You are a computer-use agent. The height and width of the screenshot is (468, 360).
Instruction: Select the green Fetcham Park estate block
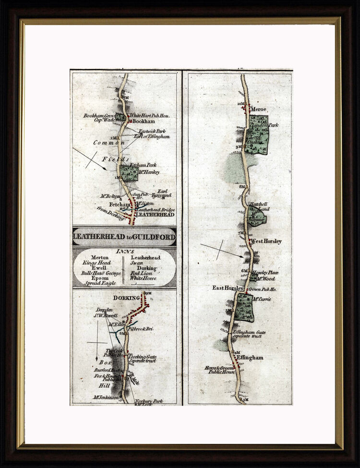[129, 173]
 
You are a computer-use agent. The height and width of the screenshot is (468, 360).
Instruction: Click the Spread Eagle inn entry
[100, 283]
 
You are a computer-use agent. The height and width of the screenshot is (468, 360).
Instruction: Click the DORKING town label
[126, 298]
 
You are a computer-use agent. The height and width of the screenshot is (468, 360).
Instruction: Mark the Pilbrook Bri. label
[140, 329]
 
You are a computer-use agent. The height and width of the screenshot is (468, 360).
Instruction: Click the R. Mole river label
[135, 380]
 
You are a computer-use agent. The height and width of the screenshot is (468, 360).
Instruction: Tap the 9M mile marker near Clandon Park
[239, 147]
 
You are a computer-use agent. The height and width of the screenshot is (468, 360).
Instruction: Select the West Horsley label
[266, 241]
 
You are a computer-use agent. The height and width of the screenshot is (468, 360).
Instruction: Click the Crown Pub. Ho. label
[263, 290]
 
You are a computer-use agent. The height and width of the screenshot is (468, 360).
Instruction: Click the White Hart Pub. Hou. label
[150, 116]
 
